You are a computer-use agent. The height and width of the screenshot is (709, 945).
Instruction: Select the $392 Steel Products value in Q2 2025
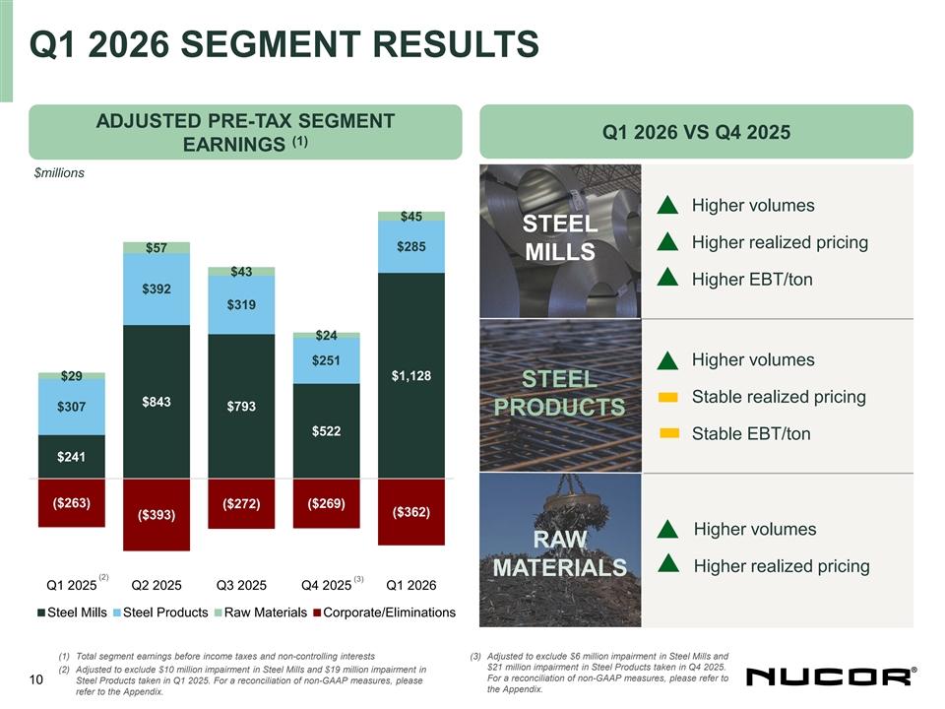157,289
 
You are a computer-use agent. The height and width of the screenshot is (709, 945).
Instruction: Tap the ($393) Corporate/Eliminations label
157,515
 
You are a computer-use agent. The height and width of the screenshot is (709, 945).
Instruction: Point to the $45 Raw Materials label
410,217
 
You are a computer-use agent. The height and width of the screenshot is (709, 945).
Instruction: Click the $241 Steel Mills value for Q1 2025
72,456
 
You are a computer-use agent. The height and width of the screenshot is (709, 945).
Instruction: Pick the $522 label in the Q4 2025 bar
326,431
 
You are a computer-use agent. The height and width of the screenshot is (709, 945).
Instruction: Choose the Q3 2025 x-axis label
242,586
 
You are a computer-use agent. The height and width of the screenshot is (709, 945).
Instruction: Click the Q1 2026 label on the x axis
411,586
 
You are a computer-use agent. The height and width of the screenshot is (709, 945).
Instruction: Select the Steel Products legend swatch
119,613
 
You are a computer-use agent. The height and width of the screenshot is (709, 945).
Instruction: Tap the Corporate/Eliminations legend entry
384,613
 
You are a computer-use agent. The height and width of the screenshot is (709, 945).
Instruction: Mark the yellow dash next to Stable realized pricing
669,397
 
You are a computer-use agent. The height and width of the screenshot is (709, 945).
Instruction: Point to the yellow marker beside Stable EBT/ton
669,433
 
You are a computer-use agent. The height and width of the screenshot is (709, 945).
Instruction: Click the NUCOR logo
833,677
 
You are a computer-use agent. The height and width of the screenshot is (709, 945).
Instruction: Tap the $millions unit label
59,173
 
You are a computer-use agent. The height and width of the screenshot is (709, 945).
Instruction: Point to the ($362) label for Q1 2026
410,512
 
